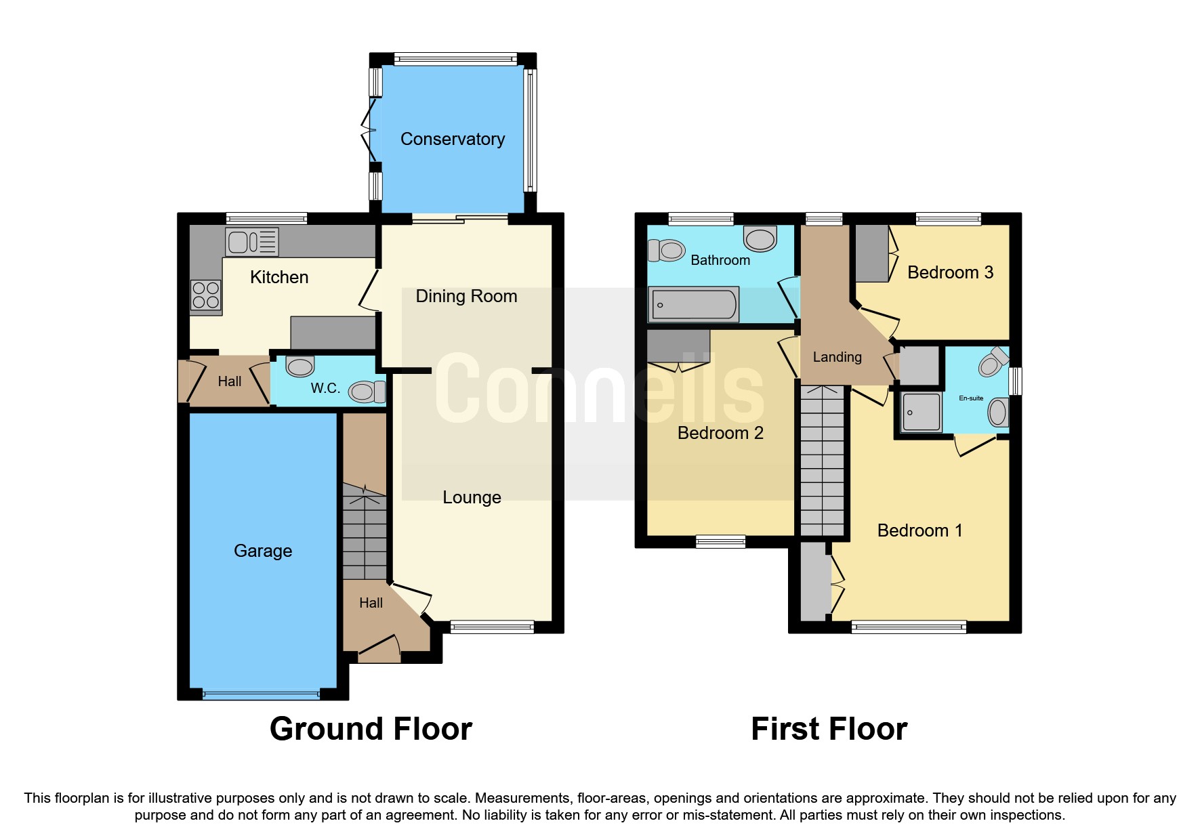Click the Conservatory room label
[x=452, y=139]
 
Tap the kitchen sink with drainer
[x=252, y=242]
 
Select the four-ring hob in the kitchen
[x=206, y=295]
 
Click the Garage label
[x=262, y=551]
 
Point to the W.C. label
[x=325, y=388]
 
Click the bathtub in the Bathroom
[x=693, y=305]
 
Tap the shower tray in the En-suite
[x=921, y=412]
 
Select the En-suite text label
[x=970, y=398]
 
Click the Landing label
[x=837, y=357]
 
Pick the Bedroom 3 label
[x=949, y=272]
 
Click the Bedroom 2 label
[x=720, y=433]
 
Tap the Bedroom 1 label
[x=919, y=530]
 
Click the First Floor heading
[x=828, y=729]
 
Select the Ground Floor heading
[x=371, y=729]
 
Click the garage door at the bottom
[x=261, y=694]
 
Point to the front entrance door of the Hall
[x=379, y=649]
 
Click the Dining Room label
[x=465, y=296]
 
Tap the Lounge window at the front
[x=492, y=627]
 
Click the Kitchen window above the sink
[x=266, y=219]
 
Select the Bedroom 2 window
[x=720, y=541]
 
